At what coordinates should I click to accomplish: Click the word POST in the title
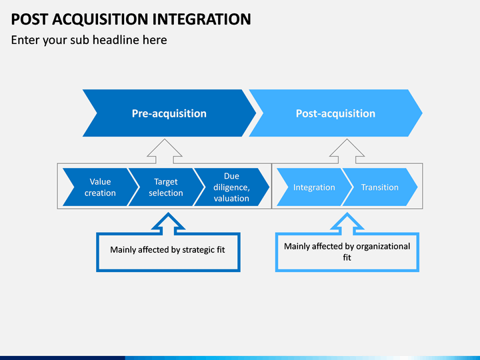pyautogui.click(x=29, y=19)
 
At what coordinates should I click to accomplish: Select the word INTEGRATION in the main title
pyautogui.click(x=202, y=19)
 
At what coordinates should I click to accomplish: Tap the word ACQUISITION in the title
pyautogui.click(x=100, y=19)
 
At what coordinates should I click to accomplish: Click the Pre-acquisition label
pyautogui.click(x=169, y=113)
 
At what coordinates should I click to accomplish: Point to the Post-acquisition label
pyautogui.click(x=335, y=113)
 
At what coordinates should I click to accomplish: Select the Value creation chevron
pyautogui.click(x=101, y=187)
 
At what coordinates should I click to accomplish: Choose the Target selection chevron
pyautogui.click(x=166, y=187)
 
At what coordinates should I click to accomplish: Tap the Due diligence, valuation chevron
pyautogui.click(x=232, y=187)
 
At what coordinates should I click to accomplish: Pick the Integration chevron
pyautogui.click(x=315, y=187)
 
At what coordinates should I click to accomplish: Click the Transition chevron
pyautogui.click(x=380, y=187)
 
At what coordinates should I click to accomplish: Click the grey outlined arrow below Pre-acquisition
pyautogui.click(x=165, y=151)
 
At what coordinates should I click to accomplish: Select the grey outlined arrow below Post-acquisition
pyautogui.click(x=347, y=151)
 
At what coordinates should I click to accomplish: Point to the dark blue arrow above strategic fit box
pyautogui.click(x=169, y=224)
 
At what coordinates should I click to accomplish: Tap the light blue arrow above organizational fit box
pyautogui.click(x=347, y=224)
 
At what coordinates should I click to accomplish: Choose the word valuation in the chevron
pyautogui.click(x=231, y=199)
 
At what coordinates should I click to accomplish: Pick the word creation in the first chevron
pyautogui.click(x=100, y=193)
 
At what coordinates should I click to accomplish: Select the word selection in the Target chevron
pyautogui.click(x=166, y=193)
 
